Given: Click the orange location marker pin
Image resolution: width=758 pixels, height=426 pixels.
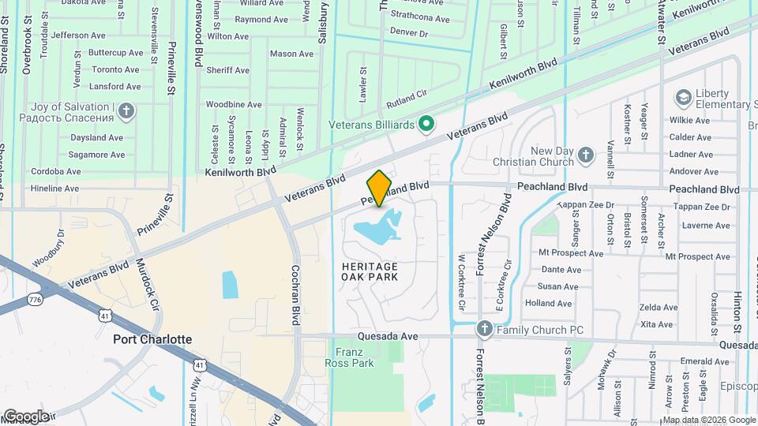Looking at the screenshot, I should click(379, 188).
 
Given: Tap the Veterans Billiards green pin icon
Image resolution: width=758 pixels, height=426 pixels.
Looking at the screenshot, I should click(426, 124).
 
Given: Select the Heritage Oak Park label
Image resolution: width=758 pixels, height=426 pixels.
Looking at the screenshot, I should click(370, 271).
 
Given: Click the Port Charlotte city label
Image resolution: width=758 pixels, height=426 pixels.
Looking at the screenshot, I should click(152, 339).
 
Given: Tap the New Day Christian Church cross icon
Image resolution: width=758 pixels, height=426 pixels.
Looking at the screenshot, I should click(585, 155).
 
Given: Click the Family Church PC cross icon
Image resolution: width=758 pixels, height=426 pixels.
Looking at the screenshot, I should click(485, 328).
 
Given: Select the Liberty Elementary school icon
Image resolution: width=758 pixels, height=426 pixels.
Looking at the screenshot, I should click(683, 98).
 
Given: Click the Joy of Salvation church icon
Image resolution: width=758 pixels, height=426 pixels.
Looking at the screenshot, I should click(126, 111).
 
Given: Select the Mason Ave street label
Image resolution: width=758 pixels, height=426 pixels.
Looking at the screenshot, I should click(291, 54).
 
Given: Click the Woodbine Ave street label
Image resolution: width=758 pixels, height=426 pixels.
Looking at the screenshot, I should click(233, 104).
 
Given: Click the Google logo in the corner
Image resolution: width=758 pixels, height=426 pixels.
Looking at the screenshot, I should click(26, 417).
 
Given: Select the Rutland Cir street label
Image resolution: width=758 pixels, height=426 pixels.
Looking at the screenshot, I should click(406, 99).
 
